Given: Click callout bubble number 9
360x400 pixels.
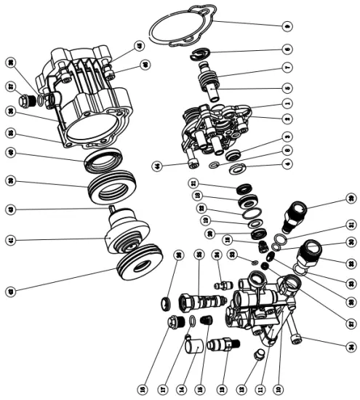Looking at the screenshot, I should [288, 25].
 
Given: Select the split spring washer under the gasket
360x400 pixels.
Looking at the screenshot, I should [201, 53].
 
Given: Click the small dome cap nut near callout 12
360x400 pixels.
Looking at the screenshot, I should [257, 355].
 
